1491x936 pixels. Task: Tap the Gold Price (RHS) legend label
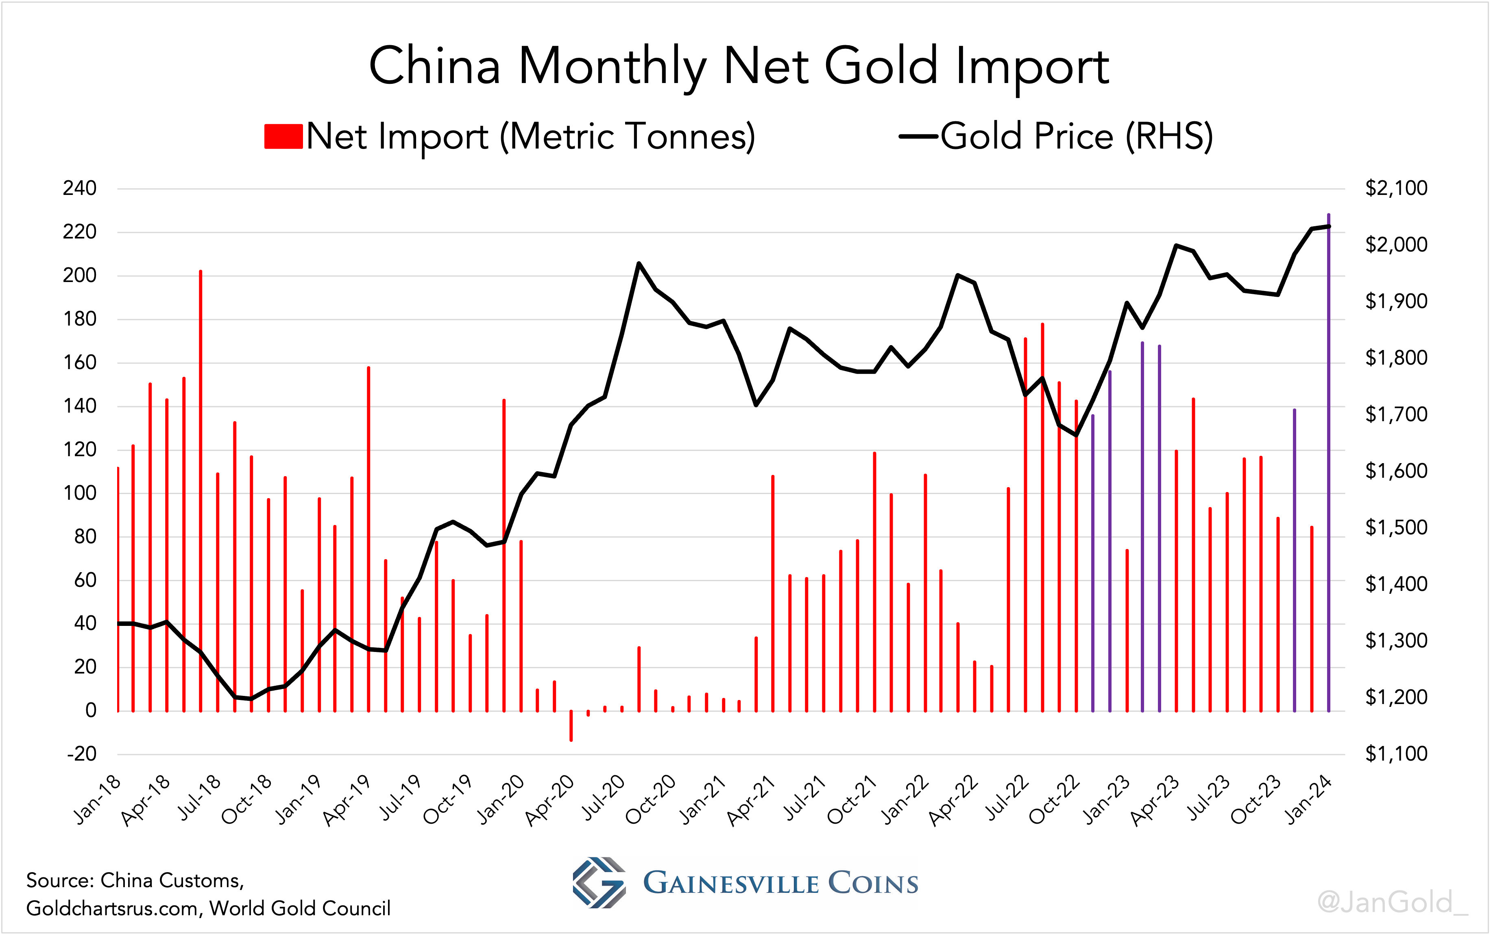tap(1077, 136)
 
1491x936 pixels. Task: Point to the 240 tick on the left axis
tap(80, 188)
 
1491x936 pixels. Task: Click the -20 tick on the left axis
tap(82, 754)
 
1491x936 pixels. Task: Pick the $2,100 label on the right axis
tap(1396, 188)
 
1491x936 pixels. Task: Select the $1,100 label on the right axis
tap(1396, 754)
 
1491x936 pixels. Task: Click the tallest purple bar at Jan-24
tap(1328, 464)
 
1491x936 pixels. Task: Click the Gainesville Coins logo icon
tap(598, 883)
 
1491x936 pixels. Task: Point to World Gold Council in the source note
tap(300, 908)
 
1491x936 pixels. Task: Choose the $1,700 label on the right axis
tap(1396, 414)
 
